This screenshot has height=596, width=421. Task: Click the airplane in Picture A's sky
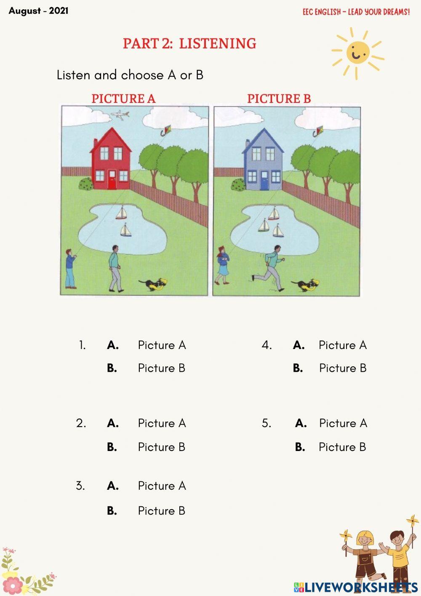pyautogui.click(x=120, y=115)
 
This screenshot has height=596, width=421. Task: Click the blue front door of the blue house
pyautogui.click(x=264, y=181)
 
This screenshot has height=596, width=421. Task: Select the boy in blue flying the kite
pyautogui.click(x=70, y=268)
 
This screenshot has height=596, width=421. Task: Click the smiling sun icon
pyautogui.click(x=357, y=53)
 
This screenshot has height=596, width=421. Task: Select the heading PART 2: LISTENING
pyautogui.click(x=189, y=43)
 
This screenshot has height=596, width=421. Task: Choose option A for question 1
pyautogui.click(x=113, y=345)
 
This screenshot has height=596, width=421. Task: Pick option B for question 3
pyautogui.click(x=112, y=511)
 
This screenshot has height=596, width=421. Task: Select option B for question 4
pyautogui.click(x=298, y=368)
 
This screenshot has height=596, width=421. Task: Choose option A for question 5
pyautogui.click(x=301, y=423)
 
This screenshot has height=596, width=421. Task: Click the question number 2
pyautogui.click(x=81, y=423)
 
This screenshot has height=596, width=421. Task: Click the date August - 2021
pyautogui.click(x=38, y=11)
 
